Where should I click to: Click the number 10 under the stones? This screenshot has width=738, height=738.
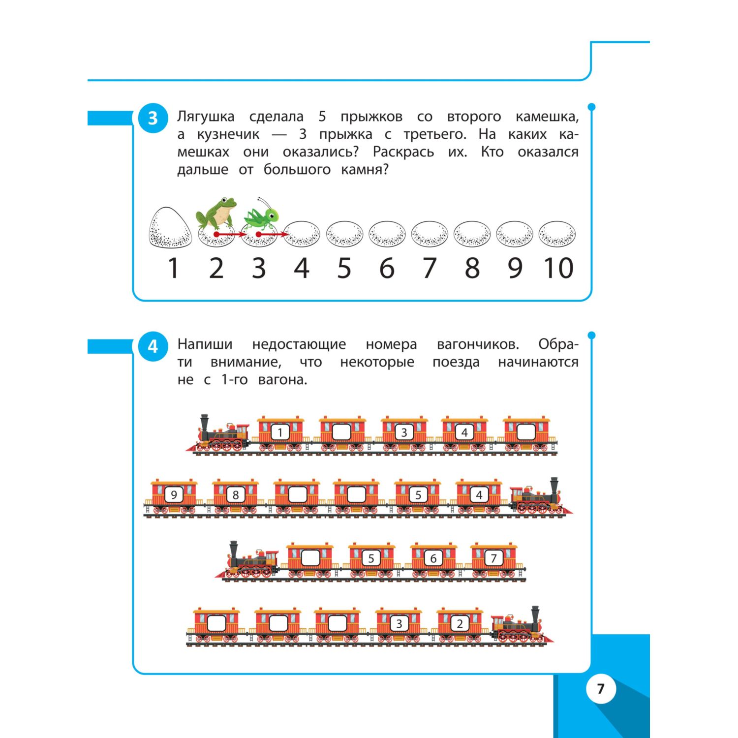point(558,268)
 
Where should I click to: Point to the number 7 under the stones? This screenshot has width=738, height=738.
point(430,268)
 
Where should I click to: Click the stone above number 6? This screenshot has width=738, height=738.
point(387,234)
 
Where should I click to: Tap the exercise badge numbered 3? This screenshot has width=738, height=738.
point(153,118)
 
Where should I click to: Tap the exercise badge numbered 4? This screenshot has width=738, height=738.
point(153,346)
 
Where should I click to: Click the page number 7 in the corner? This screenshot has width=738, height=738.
point(601,688)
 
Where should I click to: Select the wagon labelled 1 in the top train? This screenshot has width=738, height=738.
point(280,433)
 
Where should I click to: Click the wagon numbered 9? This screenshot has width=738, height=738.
point(174,495)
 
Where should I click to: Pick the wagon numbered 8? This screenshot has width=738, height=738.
point(236,495)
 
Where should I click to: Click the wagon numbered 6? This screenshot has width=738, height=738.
point(433,558)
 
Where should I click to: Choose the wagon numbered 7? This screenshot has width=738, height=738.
point(494,558)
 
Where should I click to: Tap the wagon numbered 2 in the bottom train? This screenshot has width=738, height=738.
point(460,624)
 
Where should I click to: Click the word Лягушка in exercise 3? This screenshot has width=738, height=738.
point(206,117)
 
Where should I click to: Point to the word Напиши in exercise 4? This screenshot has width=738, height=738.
point(205,344)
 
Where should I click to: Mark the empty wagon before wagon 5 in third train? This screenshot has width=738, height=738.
point(310,558)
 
